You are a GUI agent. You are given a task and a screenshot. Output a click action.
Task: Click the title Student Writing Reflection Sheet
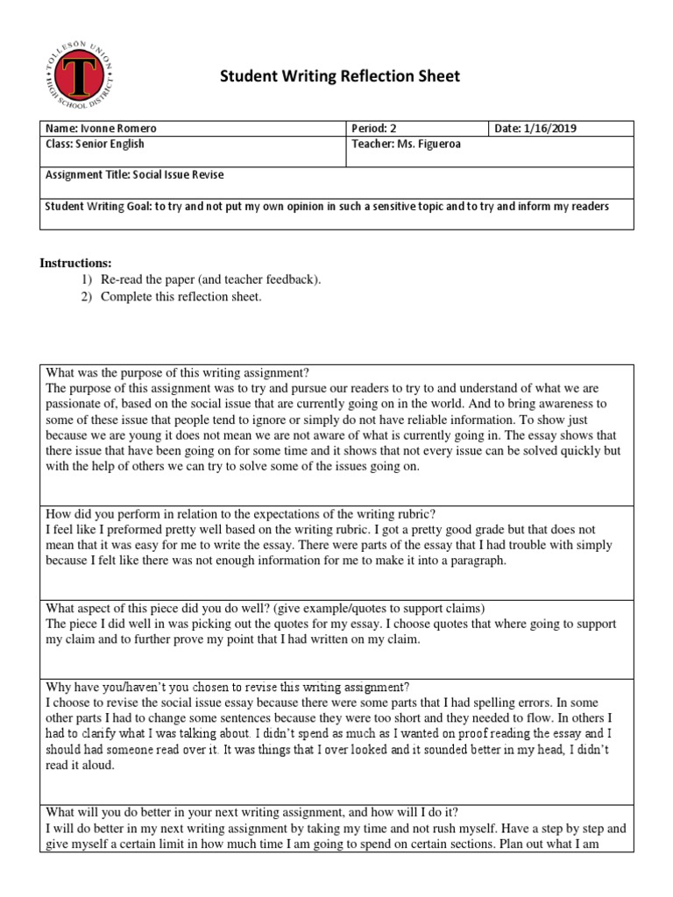[x=339, y=77]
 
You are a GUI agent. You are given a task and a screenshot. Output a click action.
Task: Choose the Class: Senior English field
[x=95, y=144]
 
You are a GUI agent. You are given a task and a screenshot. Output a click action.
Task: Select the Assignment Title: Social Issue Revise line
[x=134, y=174]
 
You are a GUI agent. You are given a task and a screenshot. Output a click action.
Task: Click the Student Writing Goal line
[x=327, y=206]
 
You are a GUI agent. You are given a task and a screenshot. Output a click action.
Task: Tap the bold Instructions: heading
[x=77, y=263]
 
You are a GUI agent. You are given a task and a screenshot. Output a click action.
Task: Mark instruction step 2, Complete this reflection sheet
[x=181, y=297]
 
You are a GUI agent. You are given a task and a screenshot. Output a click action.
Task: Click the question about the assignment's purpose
[x=178, y=372]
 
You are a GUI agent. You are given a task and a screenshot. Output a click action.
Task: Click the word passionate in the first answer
[x=76, y=404]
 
